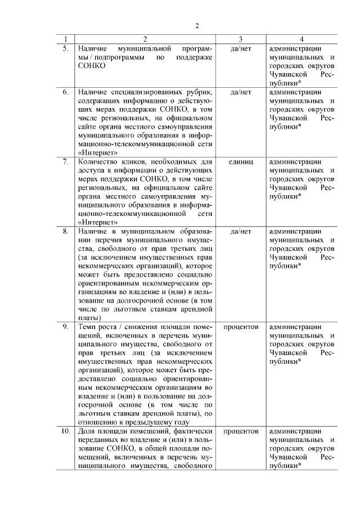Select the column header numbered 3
(241, 39)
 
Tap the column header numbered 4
(302, 39)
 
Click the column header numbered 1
(66, 39)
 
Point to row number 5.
(65, 48)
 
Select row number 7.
(65, 161)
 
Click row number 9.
(65, 326)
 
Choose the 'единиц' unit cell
(241, 161)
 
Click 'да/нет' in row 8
(241, 231)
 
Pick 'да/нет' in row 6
(241, 92)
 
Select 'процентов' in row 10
(241, 431)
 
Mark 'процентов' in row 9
(241, 326)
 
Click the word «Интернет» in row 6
(98, 152)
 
